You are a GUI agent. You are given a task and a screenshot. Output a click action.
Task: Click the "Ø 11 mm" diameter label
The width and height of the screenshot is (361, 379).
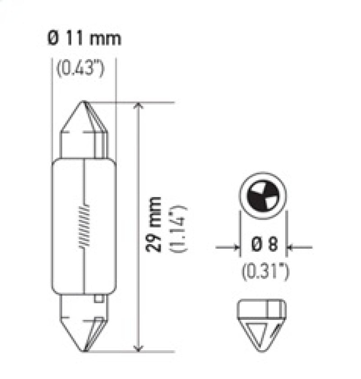84,39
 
